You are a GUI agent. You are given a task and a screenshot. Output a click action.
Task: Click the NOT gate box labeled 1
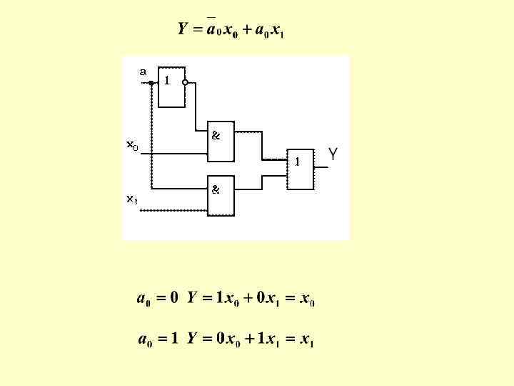(x=171, y=87)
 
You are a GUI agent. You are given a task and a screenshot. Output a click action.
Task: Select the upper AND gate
(x=221, y=146)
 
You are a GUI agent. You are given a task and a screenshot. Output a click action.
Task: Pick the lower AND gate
(x=221, y=195)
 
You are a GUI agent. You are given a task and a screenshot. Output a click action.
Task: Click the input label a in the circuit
(x=143, y=71)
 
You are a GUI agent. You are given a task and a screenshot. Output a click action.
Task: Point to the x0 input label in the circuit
(x=133, y=145)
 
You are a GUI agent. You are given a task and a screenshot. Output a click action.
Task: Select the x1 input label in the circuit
(x=132, y=199)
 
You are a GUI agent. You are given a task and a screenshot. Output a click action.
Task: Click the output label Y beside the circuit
(x=333, y=154)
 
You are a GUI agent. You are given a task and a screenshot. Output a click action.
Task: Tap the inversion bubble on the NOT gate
(x=186, y=82)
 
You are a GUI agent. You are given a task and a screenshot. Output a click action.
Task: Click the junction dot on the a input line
(x=151, y=82)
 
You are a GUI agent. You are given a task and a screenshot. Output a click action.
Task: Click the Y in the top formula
(x=182, y=29)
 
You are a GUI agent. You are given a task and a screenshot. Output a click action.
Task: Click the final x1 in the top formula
(x=278, y=31)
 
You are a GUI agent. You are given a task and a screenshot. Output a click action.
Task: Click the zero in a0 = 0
(x=173, y=298)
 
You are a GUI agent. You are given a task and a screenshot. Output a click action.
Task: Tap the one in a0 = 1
(x=173, y=340)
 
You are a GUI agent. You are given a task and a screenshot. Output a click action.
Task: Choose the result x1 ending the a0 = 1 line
(x=307, y=341)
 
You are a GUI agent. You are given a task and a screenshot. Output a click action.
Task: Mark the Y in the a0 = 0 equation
(x=192, y=298)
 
